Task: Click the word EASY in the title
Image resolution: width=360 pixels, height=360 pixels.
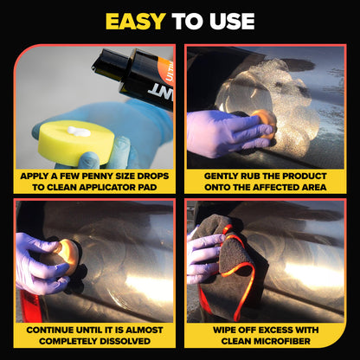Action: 137,21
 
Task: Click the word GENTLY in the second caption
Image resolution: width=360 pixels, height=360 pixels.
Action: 222,176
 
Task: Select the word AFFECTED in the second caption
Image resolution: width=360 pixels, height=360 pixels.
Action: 277,187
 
